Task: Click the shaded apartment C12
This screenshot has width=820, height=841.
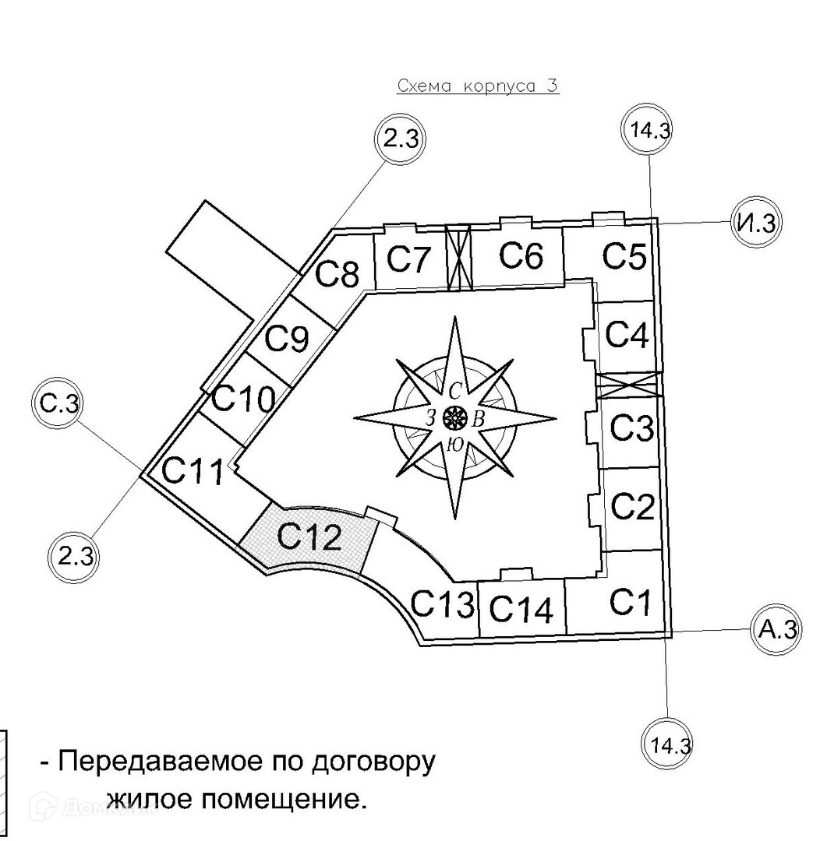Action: click(x=310, y=537)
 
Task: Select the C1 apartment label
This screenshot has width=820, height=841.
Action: click(x=630, y=602)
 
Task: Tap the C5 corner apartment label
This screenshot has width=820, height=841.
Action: click(x=625, y=256)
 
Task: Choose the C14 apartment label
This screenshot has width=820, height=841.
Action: click(x=522, y=609)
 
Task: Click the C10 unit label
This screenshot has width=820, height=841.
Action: click(x=243, y=399)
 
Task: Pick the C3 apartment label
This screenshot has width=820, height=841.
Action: click(x=631, y=428)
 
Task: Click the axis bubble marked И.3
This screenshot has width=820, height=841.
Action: click(x=755, y=223)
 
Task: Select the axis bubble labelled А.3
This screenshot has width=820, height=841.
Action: click(x=776, y=628)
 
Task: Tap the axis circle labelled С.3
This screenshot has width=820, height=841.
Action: click(x=57, y=403)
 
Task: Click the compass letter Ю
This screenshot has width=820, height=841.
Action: click(x=454, y=445)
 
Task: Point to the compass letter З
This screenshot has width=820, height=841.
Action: click(x=430, y=418)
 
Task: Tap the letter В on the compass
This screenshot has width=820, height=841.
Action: click(x=479, y=419)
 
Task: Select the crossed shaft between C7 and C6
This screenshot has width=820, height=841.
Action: click(x=459, y=257)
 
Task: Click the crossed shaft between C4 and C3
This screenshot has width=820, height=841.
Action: click(x=628, y=385)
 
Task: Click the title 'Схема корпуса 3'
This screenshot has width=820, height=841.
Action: click(x=478, y=86)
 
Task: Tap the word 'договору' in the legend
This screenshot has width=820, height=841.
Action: click(x=373, y=760)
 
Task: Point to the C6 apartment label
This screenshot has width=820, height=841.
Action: click(x=520, y=255)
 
